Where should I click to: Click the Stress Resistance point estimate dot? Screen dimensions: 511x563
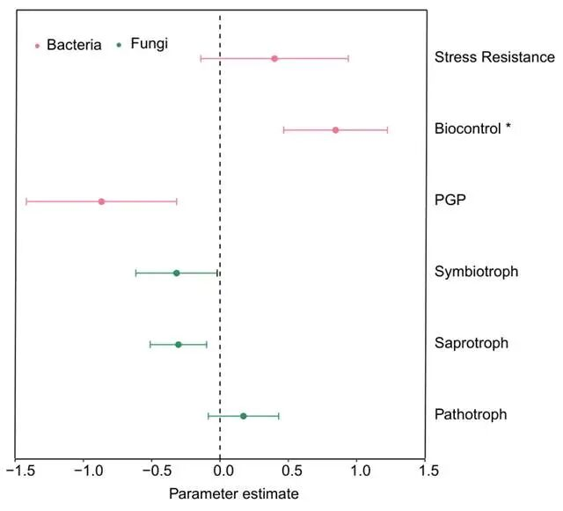pyautogui.click(x=274, y=58)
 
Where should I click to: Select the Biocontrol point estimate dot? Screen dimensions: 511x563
pyautogui.click(x=335, y=130)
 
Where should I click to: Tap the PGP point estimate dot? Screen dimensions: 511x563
pyautogui.click(x=101, y=201)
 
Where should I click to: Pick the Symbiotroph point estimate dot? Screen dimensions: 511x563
pyautogui.click(x=176, y=273)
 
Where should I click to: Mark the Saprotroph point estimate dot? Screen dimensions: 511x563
pyautogui.click(x=178, y=345)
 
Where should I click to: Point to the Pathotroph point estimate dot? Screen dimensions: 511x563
pyautogui.click(x=244, y=416)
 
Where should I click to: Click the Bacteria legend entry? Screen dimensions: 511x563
pyautogui.click(x=68, y=44)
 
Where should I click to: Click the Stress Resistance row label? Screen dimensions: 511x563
pyautogui.click(x=494, y=58)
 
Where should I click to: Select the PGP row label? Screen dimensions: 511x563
pyautogui.click(x=450, y=200)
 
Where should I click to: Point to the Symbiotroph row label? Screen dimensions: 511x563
pyautogui.click(x=476, y=271)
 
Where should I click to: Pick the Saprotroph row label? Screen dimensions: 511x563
pyautogui.click(x=472, y=343)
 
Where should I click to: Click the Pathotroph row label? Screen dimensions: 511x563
pyautogui.click(x=470, y=414)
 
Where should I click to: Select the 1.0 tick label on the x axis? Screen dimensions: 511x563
pyautogui.click(x=359, y=472)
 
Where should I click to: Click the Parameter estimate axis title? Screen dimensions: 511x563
pyautogui.click(x=233, y=493)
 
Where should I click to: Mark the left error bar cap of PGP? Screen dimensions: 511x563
pyautogui.click(x=27, y=201)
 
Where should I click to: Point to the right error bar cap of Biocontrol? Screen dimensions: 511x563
pyautogui.click(x=387, y=130)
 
